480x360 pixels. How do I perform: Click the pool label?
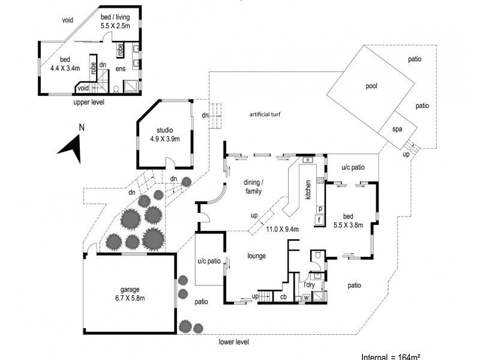click(x=371, y=86)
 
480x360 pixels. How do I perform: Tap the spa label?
click(x=397, y=130)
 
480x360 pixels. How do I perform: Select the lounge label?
click(x=256, y=256)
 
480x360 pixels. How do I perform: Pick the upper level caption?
click(x=89, y=103)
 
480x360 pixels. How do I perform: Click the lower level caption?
click(x=233, y=342)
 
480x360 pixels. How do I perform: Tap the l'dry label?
click(x=307, y=284)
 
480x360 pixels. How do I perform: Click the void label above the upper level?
click(x=67, y=20)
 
